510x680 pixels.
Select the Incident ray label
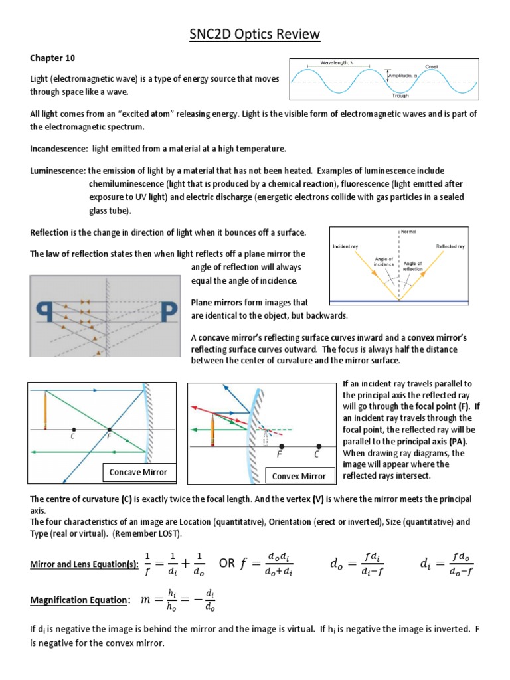pyautogui.click(x=345, y=246)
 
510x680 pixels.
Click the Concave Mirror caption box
pyautogui.click(x=138, y=473)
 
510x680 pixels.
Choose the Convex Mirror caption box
pyautogui.click(x=299, y=475)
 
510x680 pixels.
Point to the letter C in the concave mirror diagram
pyautogui.click(x=72, y=436)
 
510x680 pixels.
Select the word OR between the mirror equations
pyautogui.click(x=227, y=564)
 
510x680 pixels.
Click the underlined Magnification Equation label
pyautogui.click(x=80, y=600)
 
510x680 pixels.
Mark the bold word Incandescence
pyautogui.click(x=59, y=148)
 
